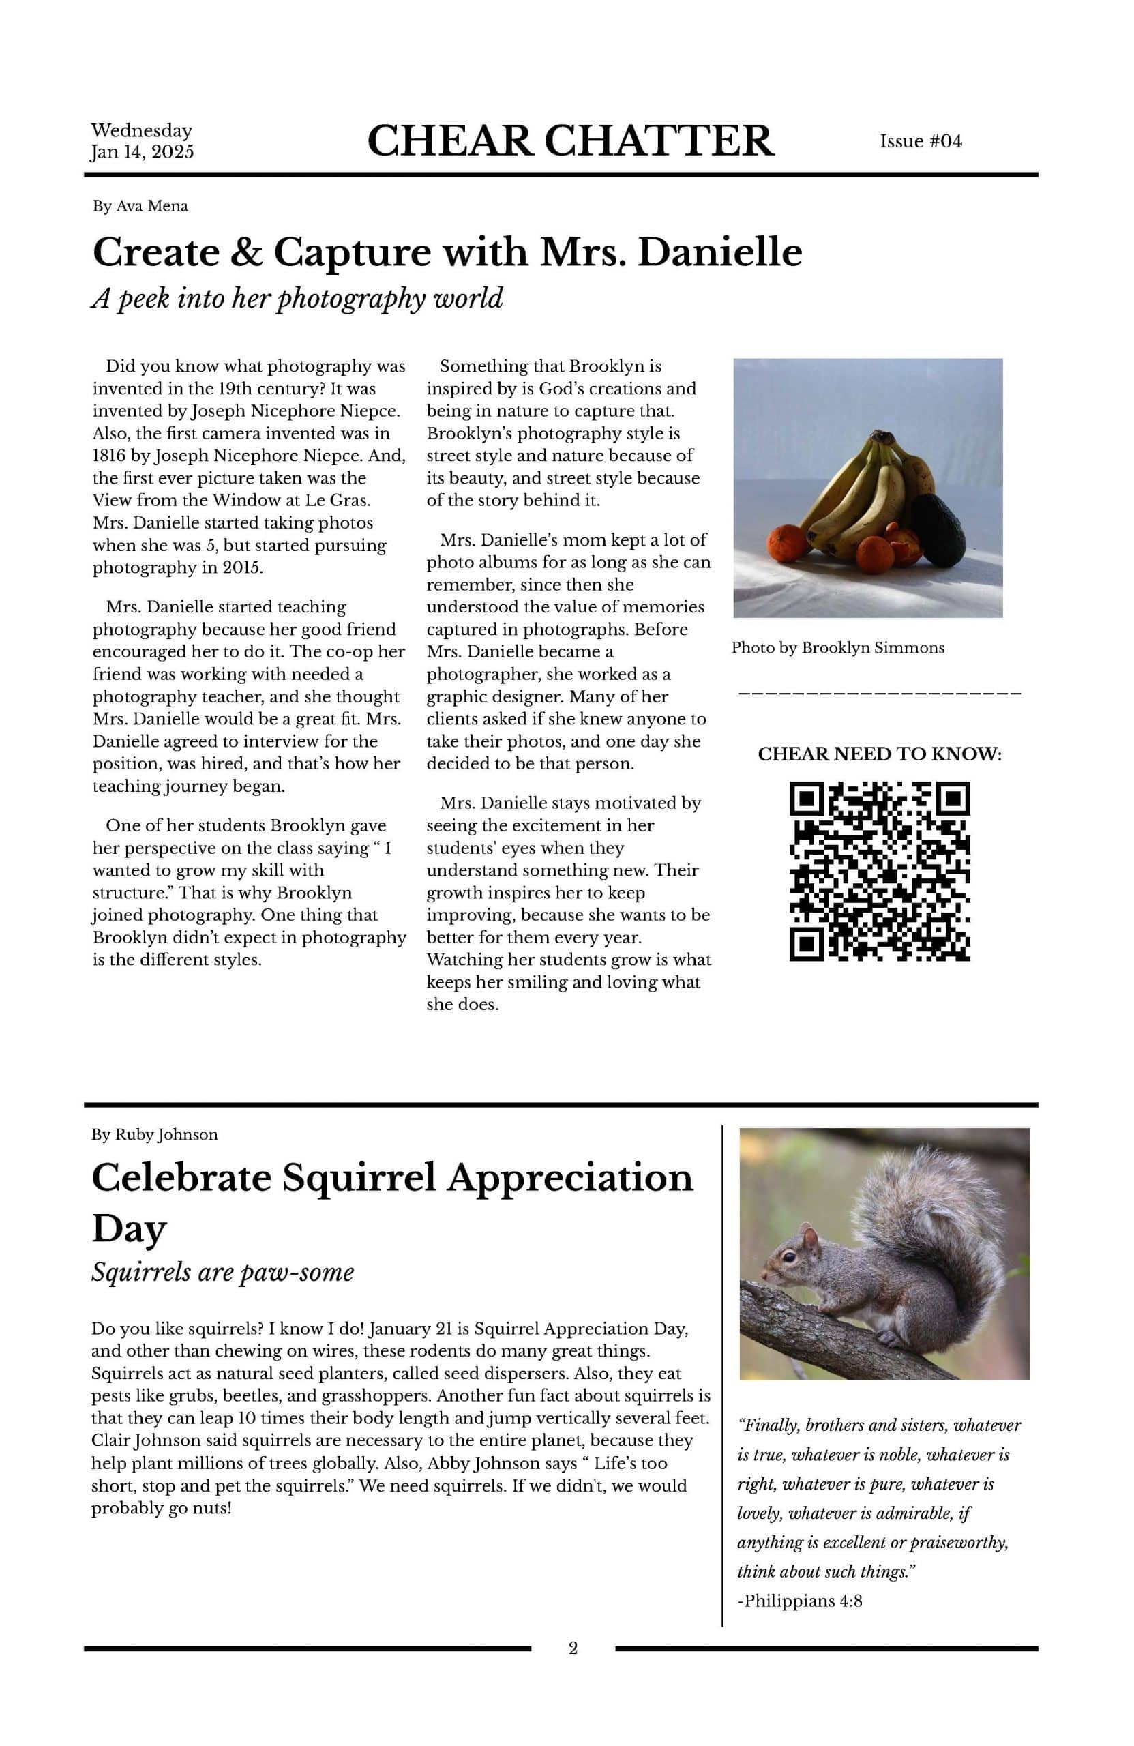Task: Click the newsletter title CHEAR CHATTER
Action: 569,141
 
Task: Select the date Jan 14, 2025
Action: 142,152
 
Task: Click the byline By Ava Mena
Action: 140,206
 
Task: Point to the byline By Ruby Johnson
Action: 154,1134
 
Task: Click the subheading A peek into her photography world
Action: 297,299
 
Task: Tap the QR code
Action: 879,871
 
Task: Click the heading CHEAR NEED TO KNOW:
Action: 879,754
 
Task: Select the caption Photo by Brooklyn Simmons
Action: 837,648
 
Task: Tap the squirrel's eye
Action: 788,1257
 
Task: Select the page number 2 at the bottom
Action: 573,1648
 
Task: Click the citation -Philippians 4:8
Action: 799,1601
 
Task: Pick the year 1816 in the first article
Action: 108,456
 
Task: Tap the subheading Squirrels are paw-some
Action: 222,1271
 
